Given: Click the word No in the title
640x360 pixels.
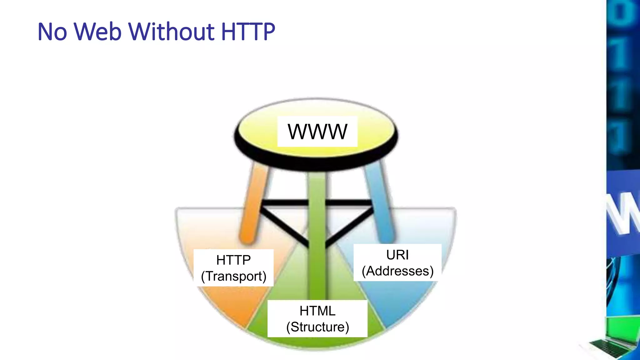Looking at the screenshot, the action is point(52,32).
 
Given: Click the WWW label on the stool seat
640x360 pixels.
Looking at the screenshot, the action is point(317,132).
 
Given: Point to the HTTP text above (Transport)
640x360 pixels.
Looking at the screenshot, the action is point(233,260).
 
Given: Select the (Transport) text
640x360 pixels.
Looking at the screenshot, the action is point(233,276).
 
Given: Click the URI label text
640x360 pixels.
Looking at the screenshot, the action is point(397,255).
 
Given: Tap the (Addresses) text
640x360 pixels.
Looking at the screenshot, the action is point(397,271).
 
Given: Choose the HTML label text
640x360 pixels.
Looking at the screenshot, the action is point(317,311).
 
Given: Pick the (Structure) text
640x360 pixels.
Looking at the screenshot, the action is point(317,327).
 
